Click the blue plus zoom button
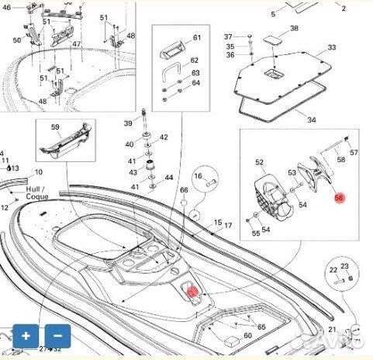pos(26,336)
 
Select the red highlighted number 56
pos(339,198)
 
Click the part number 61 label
pos(196,38)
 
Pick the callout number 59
pos(55,126)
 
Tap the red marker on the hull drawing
pos(192,292)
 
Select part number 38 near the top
pos(294,29)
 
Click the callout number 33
pos(332,48)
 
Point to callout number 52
pos(260,162)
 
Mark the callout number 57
pos(354,153)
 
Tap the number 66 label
pos(184,190)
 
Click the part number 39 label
pos(128,124)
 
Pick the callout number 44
pos(169,178)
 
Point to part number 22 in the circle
pos(333,269)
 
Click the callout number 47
pos(77,44)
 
